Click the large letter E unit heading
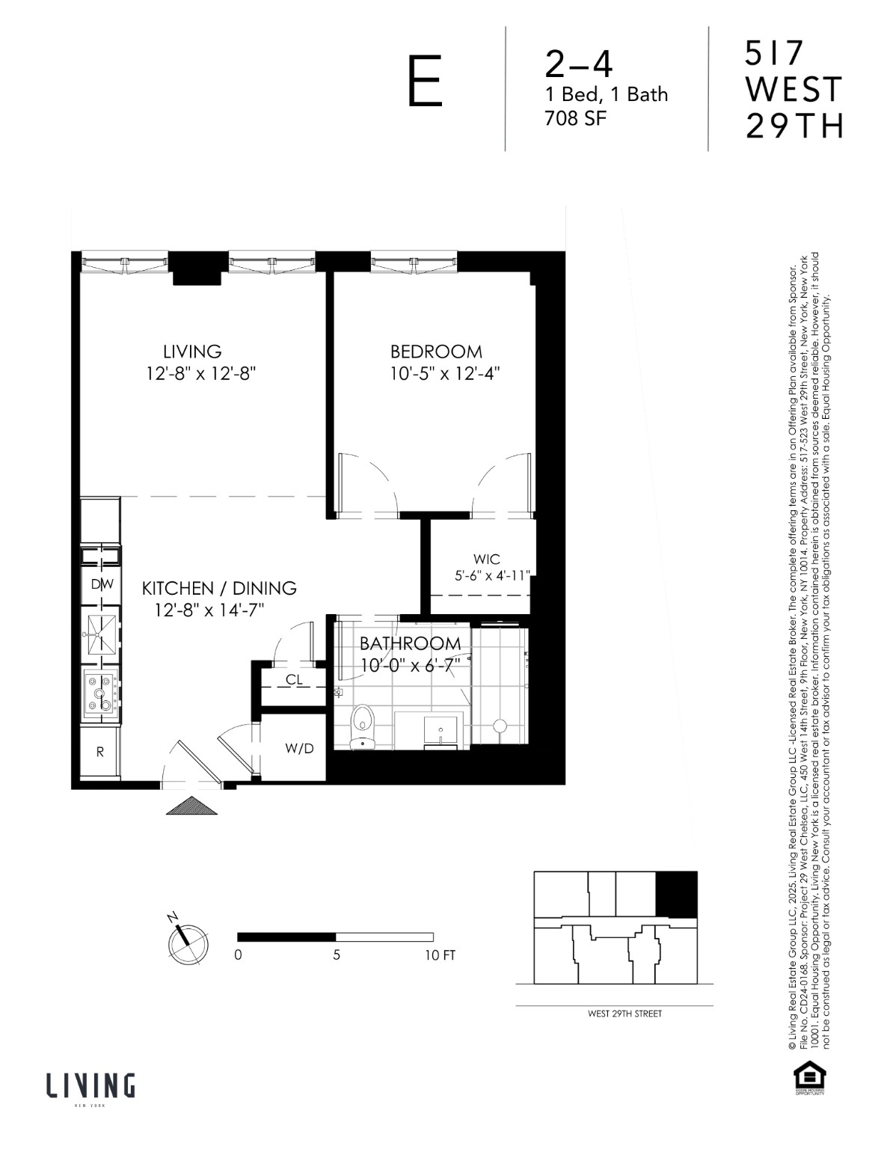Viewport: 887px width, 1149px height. coord(425,83)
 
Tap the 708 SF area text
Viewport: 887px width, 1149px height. coord(574,117)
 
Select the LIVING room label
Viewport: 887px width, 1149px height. coord(192,351)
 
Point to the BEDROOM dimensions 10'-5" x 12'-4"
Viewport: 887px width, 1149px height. coord(444,373)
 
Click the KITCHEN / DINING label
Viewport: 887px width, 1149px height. coord(219,588)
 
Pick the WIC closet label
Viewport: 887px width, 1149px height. coord(486,560)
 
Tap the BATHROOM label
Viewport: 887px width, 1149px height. coord(410,643)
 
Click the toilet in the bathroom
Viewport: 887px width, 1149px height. coord(363,723)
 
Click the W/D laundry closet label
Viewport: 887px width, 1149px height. coord(299,748)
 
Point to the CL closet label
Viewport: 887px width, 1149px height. coord(294,680)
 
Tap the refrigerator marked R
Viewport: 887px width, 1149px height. coord(100,753)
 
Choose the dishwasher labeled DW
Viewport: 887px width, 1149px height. coord(101,584)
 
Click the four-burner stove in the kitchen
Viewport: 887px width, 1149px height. coord(100,692)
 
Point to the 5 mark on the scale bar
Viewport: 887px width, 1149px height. coord(337,955)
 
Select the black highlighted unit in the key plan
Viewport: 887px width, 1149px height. coord(676,894)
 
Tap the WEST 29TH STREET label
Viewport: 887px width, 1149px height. coord(624,1014)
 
